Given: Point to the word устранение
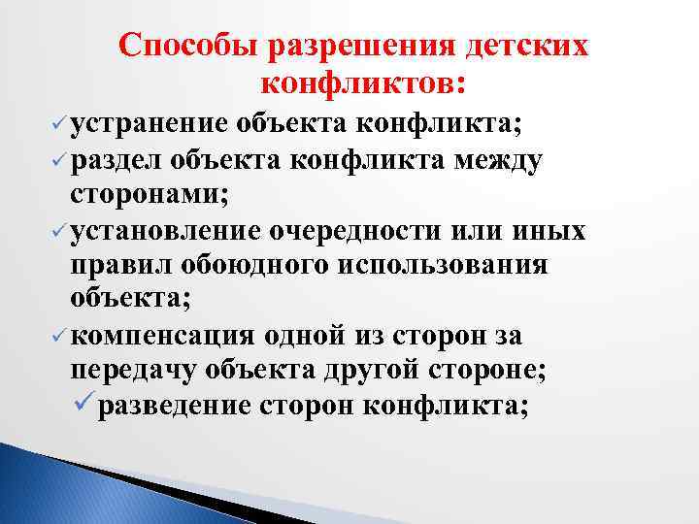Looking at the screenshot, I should [150, 123].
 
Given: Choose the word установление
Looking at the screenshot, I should [164, 232].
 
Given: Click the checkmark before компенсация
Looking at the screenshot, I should [60, 337].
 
